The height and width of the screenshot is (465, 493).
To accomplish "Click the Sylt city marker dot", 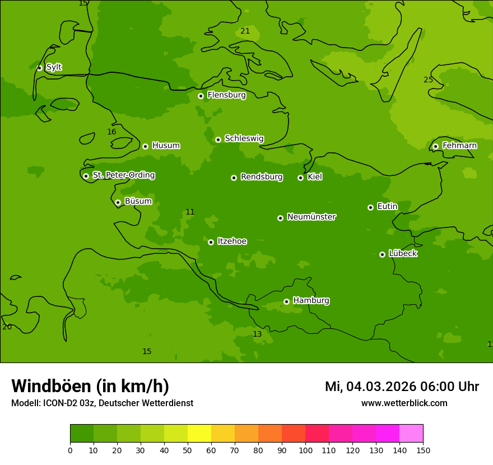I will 39,68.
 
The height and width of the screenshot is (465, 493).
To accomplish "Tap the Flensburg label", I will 226,95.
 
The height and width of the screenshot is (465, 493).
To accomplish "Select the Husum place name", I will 166,146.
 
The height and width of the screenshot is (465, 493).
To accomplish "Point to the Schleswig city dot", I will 218,139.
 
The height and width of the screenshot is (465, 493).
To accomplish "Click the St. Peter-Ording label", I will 123,175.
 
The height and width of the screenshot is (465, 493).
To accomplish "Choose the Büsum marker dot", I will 118,202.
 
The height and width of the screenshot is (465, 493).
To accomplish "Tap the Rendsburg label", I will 261,177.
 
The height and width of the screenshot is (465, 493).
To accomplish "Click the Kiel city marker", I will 300,178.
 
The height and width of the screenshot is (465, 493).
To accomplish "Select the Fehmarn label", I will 459,146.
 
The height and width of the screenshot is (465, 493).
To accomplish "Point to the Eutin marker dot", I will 370,207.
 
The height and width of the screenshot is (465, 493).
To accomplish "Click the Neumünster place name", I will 311,217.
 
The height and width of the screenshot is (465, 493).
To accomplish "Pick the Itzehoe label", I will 232,241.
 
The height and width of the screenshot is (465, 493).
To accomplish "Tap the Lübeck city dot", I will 382,254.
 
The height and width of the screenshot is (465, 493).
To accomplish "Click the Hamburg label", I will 311,301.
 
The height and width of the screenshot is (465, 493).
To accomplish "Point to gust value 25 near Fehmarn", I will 428,80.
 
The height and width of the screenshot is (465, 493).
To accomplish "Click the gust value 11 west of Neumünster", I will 190,212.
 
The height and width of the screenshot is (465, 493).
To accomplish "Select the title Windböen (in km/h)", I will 90,386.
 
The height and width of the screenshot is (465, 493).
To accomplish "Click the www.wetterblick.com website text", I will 404,403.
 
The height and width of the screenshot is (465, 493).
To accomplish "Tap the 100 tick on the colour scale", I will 305,450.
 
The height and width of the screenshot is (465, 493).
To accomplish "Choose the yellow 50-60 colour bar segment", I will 199,434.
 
